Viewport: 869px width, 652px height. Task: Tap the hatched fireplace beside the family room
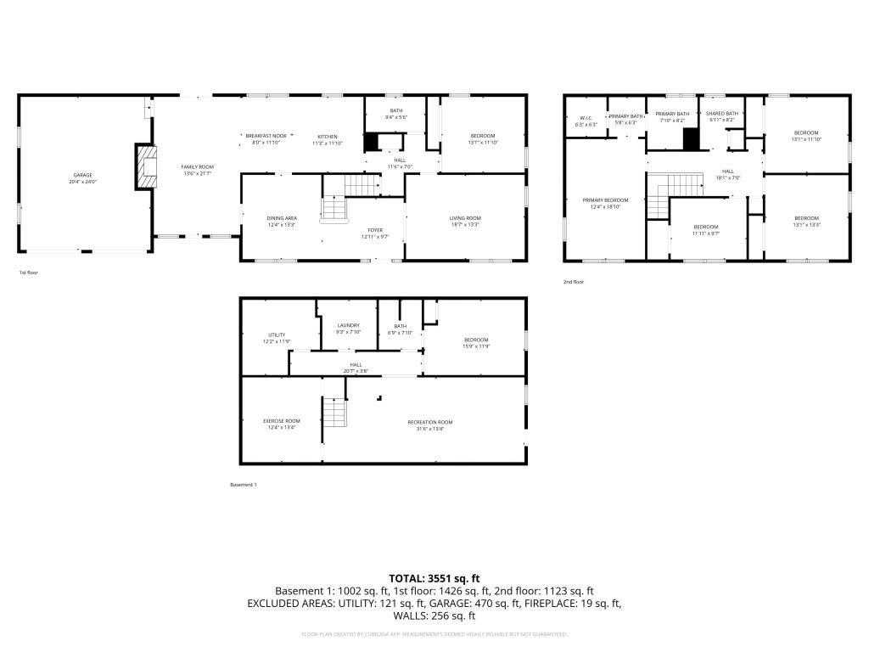[149, 167]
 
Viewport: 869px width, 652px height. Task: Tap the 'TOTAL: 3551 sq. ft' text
[434, 578]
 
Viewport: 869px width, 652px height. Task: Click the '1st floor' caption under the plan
[28, 273]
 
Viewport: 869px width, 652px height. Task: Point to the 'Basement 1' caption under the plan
[243, 485]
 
